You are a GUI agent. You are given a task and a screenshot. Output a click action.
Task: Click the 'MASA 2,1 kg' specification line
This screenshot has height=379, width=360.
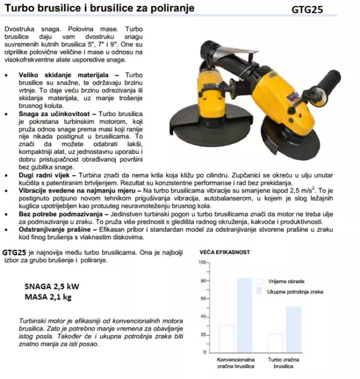(48, 296)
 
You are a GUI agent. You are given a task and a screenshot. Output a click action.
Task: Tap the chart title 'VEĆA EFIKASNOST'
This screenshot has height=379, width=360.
(224, 252)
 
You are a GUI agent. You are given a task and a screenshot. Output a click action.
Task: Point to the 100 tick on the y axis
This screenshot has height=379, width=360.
(203, 262)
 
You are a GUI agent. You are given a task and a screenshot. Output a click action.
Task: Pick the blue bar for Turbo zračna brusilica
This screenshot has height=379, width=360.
(294, 329)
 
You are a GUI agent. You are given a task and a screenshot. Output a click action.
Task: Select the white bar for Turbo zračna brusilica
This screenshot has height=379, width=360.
(275, 342)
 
